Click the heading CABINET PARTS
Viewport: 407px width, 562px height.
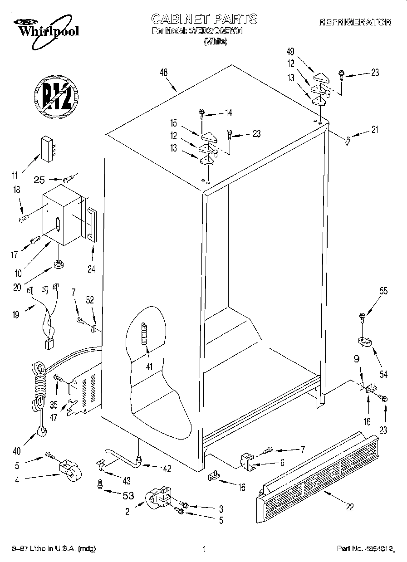(204, 19)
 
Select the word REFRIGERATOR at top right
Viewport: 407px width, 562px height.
(355, 22)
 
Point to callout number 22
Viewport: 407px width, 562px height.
(350, 507)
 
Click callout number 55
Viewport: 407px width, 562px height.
(383, 292)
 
